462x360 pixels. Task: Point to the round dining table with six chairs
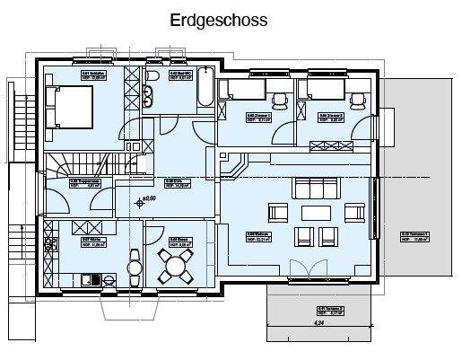click(174, 264)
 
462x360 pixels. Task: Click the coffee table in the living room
click(317, 214)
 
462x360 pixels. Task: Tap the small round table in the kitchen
click(135, 266)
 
